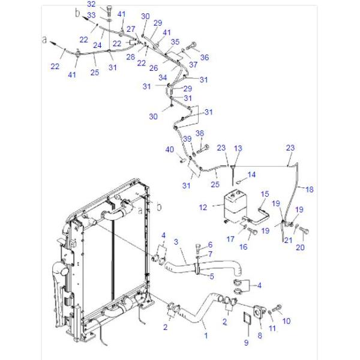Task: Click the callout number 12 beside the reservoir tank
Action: (203, 207)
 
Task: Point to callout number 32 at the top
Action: (91, 5)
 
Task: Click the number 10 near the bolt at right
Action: (286, 321)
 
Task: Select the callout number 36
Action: (205, 58)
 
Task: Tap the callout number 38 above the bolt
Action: (200, 133)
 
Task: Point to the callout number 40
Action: (170, 149)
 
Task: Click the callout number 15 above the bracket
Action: (264, 194)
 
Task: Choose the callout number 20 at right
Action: (300, 247)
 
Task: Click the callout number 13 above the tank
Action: (238, 148)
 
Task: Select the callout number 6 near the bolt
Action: (210, 244)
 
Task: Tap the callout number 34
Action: (163, 77)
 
